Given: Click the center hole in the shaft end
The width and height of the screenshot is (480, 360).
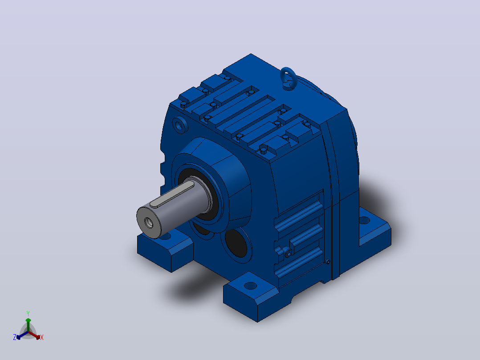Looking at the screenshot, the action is pos(149,223).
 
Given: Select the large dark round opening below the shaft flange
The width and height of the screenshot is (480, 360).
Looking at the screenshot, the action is pos(236,243).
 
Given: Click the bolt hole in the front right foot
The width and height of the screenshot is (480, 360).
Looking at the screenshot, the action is pos(250,286).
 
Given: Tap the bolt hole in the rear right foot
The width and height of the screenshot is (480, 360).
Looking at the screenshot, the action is pos(364,220).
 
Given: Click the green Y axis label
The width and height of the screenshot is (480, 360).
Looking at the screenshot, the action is pos(28,313).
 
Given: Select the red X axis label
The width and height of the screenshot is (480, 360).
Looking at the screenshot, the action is pos(42,337).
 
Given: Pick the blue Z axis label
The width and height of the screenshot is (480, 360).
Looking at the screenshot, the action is pos(14,337).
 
